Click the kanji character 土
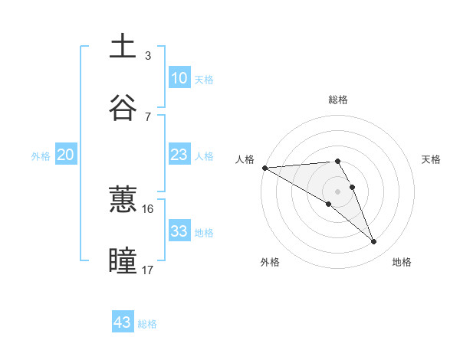coord(123,46)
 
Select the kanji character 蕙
coord(123,200)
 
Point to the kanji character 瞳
coord(123,260)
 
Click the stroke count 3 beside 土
coord(147,56)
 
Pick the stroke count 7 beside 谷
coord(147,116)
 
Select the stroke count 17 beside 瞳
coord(148,270)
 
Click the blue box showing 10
coord(179,78)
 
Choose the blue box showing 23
coord(179,155)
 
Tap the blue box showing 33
coord(179,231)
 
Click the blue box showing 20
coord(65,155)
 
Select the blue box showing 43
coord(123,322)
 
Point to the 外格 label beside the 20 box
coord(41,155)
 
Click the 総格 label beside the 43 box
coord(147,324)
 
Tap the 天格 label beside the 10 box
coord(203,79)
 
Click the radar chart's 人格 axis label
coord(245,159)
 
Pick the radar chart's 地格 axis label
coord(402,262)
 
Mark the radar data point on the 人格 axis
coord(264,168)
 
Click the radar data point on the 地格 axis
coord(374,242)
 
